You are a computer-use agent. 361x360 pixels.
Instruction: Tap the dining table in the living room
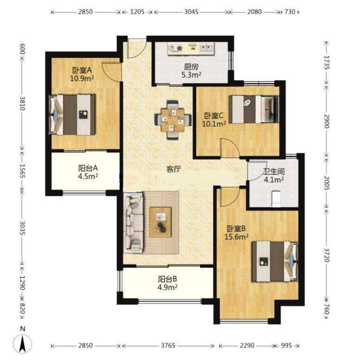coord(173,120)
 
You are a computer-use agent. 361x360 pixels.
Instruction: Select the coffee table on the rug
coord(161,222)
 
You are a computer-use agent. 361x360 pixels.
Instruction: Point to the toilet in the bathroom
coord(276,199)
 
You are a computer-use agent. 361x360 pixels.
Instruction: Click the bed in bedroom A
coord(72,114)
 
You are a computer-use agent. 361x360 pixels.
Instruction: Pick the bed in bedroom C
coord(254,109)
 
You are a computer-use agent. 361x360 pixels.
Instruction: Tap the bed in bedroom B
coord(275,261)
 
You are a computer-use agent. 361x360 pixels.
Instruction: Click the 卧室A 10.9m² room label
coord(82,74)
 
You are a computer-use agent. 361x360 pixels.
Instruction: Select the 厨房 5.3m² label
coord(191,71)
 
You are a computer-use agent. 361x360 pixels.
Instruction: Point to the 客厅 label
coord(174,170)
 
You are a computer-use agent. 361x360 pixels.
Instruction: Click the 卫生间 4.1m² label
coord(274,175)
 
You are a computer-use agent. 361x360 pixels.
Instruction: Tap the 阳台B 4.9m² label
coord(168,283)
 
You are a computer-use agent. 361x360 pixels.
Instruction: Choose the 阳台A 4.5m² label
coord(88,172)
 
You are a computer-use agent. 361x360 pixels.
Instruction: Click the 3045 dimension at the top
coord(191,12)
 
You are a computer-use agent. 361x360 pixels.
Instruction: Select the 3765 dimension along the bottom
coord(168,345)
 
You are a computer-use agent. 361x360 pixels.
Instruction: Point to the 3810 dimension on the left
coord(22,103)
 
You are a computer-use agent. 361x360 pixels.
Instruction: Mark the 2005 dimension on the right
coord(327,183)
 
